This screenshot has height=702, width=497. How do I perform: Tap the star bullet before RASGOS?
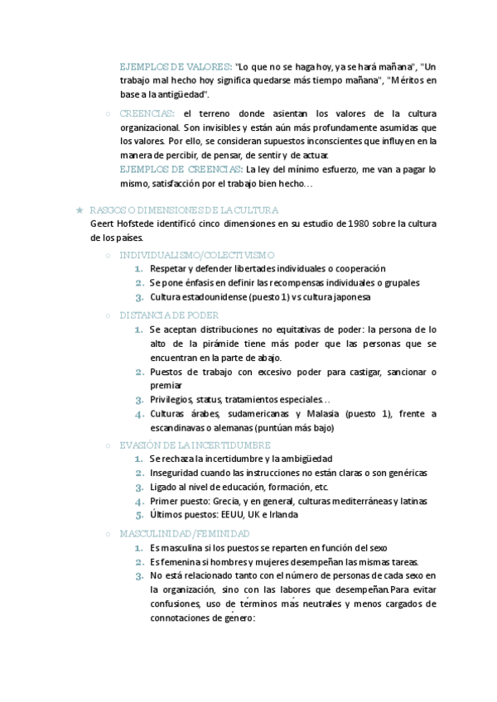click(78, 210)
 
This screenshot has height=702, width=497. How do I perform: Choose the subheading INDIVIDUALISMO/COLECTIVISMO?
click(197, 255)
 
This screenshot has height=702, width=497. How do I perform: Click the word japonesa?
click(347, 296)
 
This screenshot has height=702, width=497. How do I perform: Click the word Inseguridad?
click(177, 472)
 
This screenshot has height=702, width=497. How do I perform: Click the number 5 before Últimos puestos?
click(139, 514)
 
